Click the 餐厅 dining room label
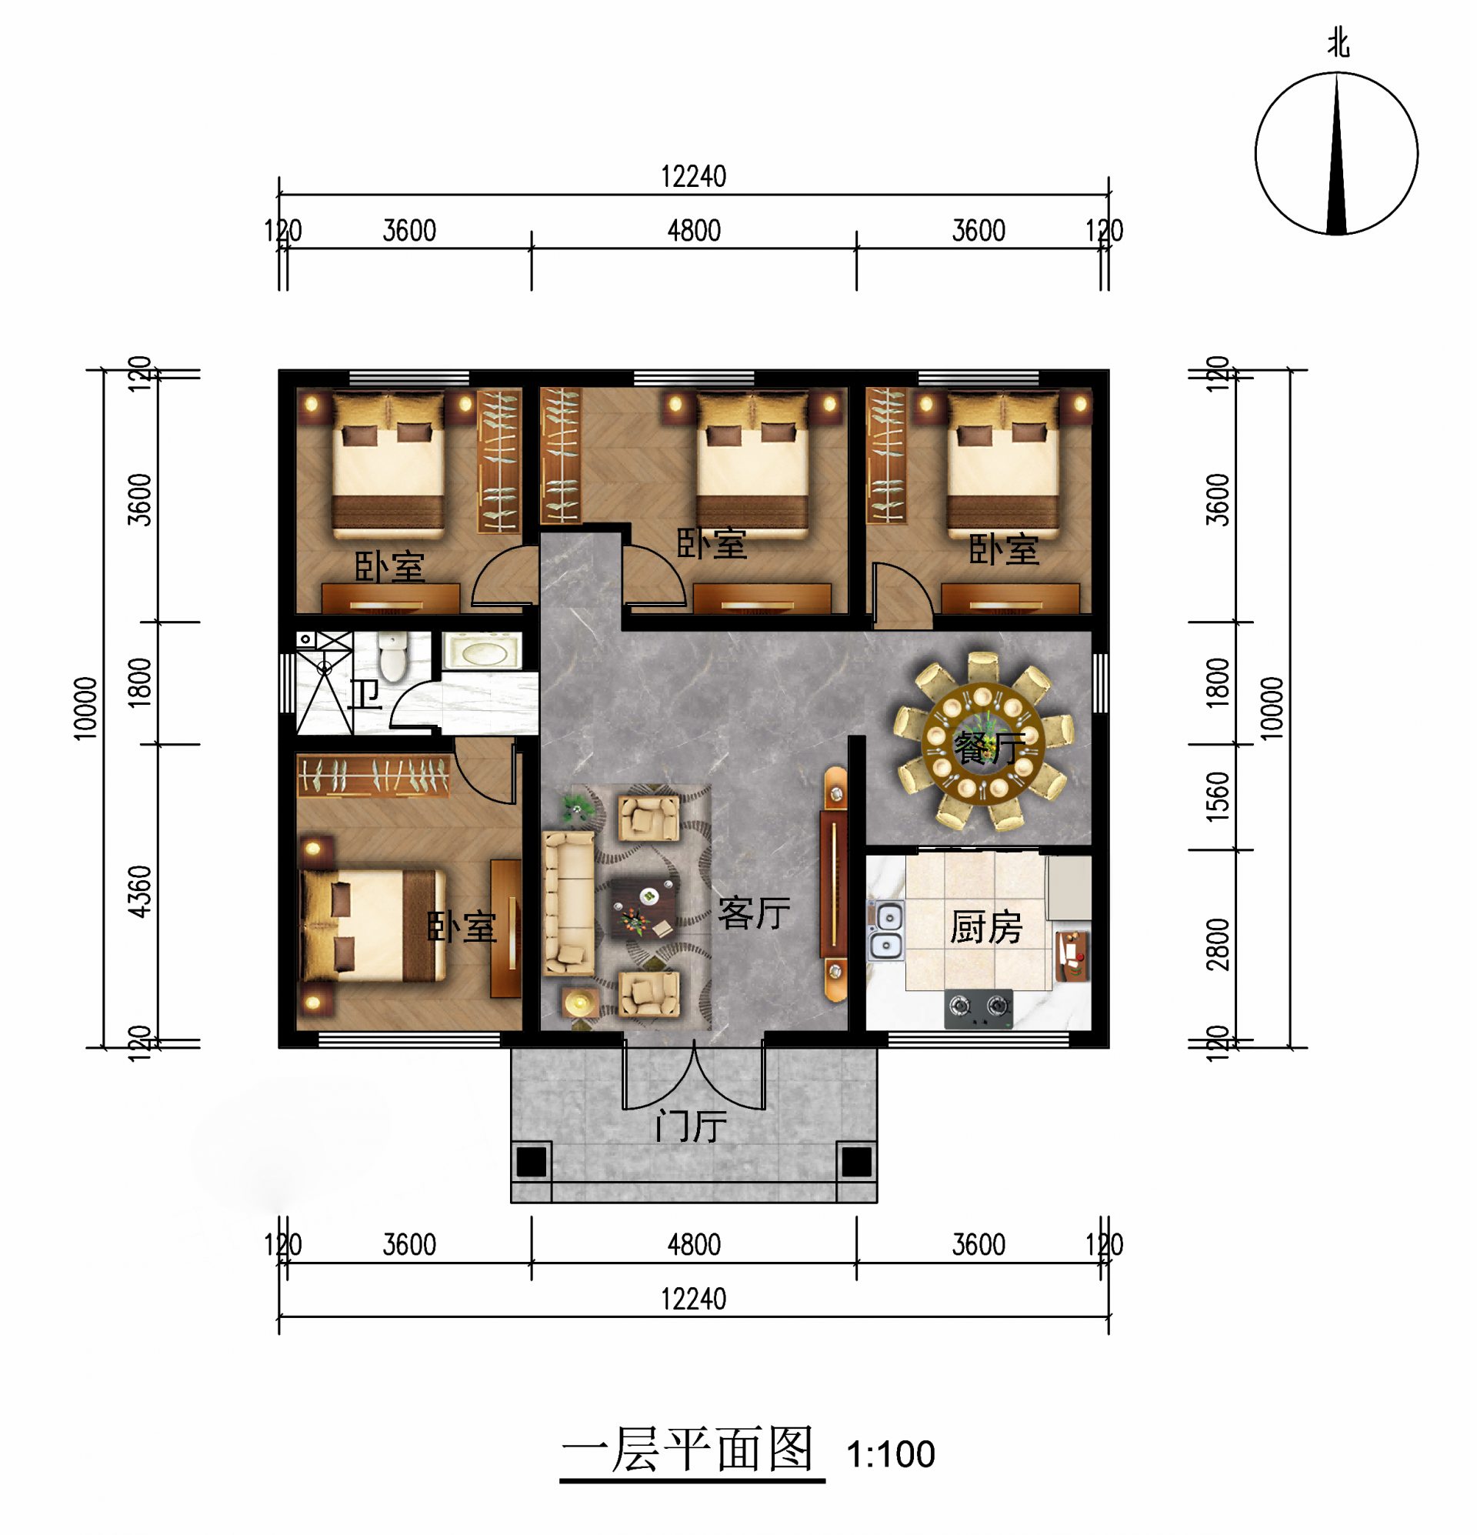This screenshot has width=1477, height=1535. pos(989,748)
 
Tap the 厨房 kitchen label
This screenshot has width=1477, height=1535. pos(986,927)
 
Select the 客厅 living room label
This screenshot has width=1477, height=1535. pos(754,913)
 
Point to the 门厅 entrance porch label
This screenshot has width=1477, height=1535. pos(691,1126)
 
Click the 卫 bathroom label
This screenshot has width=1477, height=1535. pos(364,694)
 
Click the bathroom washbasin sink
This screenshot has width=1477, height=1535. pos(482,651)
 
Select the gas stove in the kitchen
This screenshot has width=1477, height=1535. pos(979,1008)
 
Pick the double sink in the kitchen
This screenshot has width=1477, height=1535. pos(885,929)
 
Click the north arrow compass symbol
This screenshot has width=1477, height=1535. pos(1336,152)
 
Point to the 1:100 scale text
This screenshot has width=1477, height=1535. pos(890,1454)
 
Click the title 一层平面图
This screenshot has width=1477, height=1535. pos(689,1450)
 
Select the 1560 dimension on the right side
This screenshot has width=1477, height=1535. pos(1218,796)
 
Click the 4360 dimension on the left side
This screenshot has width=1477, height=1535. pos(139,890)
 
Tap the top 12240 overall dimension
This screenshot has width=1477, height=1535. pos(693,177)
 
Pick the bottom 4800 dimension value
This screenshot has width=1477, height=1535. pos(694,1244)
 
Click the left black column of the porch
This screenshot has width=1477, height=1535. pos(531,1161)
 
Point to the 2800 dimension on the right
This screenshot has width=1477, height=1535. pos(1218,945)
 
